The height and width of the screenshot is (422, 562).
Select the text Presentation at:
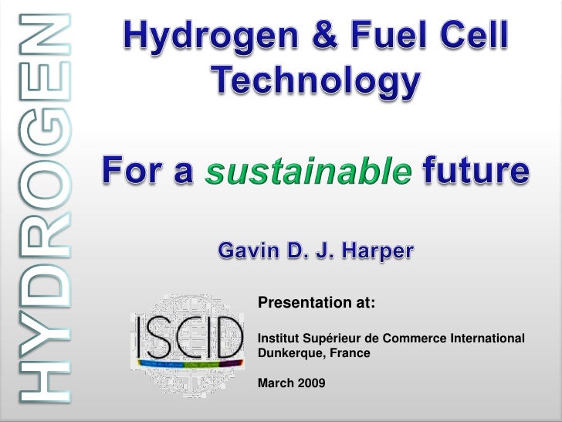coord(316,302)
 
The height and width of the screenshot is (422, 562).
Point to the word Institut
coord(274,340)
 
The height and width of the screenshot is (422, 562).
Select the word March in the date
coord(273,383)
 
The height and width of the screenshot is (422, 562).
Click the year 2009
coord(310,383)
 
